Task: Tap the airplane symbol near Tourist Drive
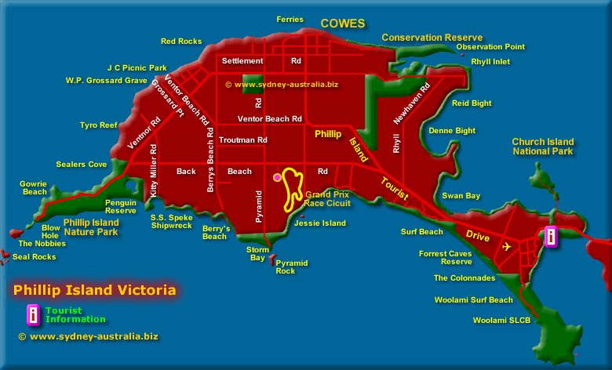click(507, 247)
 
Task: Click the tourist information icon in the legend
click(33, 314)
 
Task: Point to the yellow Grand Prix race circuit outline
click(293, 188)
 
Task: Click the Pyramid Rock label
click(291, 267)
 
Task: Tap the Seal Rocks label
click(35, 256)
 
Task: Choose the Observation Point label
click(490, 47)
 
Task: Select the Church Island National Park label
click(543, 147)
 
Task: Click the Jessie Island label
click(320, 223)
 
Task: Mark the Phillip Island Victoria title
click(94, 291)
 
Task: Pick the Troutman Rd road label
click(244, 140)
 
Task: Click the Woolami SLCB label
click(501, 320)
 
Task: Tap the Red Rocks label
click(181, 42)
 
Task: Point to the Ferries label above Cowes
click(290, 20)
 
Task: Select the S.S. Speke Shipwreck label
click(171, 221)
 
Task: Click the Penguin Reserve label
click(121, 206)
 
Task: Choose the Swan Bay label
click(461, 196)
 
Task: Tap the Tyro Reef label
click(98, 125)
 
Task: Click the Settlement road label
click(242, 60)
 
